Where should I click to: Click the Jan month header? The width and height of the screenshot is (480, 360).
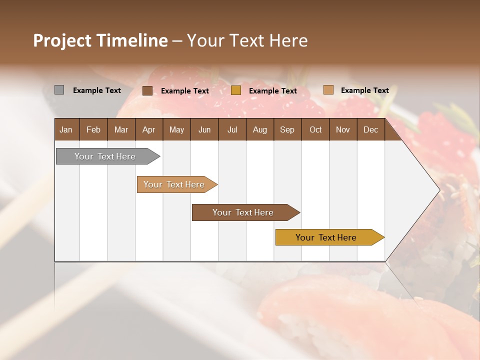66,130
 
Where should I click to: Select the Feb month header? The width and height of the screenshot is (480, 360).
93,130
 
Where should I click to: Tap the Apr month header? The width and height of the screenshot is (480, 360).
148,130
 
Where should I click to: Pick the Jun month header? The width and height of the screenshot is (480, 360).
204,130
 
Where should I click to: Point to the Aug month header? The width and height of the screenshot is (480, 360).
259,130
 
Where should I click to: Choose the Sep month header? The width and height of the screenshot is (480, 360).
287,130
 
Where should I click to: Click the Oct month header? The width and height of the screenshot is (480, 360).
315,130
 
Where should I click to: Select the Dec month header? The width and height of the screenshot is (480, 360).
370,130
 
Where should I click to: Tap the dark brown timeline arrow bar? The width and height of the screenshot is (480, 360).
243,212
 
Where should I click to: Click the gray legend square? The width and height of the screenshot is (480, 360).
59,90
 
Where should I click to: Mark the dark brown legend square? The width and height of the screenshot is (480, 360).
147,90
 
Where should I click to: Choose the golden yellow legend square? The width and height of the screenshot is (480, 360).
236,90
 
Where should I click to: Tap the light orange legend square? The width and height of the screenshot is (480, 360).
328,90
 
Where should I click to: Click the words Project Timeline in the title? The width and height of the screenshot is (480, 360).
100,40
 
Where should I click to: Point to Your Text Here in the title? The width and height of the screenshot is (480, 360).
247,40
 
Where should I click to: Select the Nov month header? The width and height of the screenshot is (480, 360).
342,130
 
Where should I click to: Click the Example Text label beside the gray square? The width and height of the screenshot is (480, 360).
97,90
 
